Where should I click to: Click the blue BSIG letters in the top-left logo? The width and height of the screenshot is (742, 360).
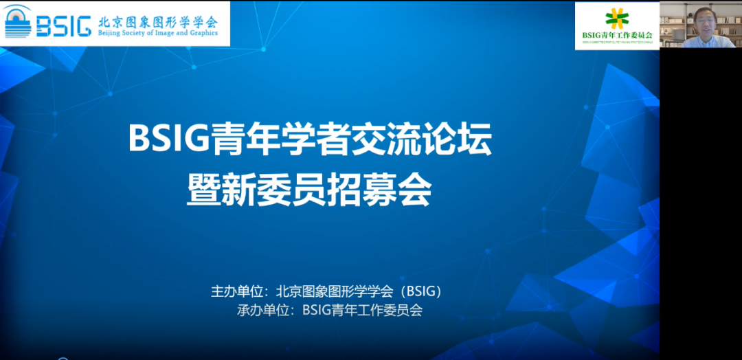pyautogui.click(x=63, y=25)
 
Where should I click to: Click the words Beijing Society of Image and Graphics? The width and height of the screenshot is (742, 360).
pyautogui.click(x=158, y=33)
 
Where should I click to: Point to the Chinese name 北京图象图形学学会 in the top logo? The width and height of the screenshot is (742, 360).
pyautogui.click(x=158, y=21)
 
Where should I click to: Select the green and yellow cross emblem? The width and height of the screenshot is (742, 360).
pyautogui.click(x=616, y=18)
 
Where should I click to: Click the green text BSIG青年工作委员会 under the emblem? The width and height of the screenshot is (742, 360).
pyautogui.click(x=617, y=35)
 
